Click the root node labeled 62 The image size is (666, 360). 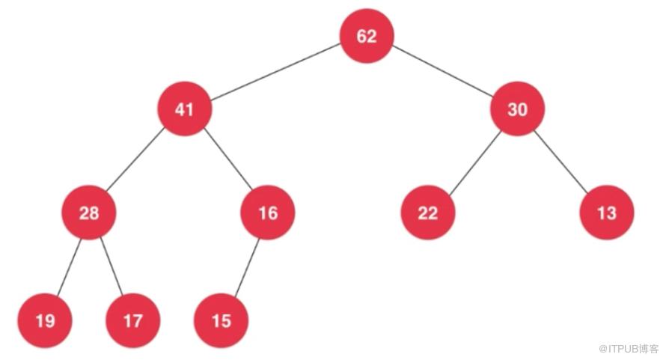[x=367, y=36]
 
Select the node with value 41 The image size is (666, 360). [x=184, y=109]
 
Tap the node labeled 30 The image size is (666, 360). [x=517, y=109]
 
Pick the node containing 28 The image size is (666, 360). [x=89, y=213]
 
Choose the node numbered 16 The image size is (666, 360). [x=268, y=213]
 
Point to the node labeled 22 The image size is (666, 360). [x=428, y=213]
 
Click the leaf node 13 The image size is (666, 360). [x=607, y=213]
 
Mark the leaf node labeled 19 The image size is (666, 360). [x=45, y=320]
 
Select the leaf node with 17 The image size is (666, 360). [x=133, y=320]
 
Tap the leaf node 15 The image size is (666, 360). [x=221, y=320]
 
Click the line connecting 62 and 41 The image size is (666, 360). [x=275, y=72]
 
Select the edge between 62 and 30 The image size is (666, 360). [x=442, y=71]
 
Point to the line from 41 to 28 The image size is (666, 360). [x=135, y=159]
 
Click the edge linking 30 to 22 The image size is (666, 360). [x=474, y=163]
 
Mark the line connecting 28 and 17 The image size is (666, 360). [x=111, y=266]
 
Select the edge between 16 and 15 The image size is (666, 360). [x=247, y=268]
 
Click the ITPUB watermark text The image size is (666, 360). [x=628, y=349]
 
